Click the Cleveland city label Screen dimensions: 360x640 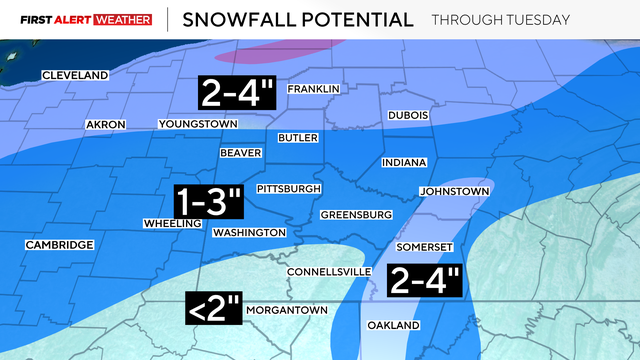pos(75,75)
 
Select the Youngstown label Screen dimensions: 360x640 pos(198,124)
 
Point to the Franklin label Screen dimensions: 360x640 pos(314,89)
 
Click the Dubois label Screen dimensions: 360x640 pos(408,115)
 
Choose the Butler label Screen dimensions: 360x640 pos(298,138)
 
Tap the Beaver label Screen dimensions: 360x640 pos(241,153)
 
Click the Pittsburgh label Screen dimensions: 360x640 pos(289,188)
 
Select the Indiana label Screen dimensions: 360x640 pos(404,162)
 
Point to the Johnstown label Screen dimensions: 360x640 pos(453,191)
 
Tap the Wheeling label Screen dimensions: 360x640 pos(173,223)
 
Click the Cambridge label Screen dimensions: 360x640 pos(60,245)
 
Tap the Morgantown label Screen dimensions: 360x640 pos(286,310)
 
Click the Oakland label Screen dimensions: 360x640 pos(391,325)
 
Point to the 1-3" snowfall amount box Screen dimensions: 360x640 pos(209,202)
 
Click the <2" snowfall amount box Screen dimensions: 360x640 pos(214,308)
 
